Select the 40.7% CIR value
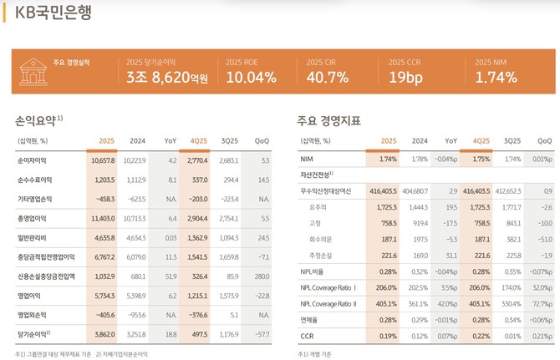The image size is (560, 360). pyautogui.click(x=328, y=78)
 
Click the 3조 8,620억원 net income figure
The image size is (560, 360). pyautogui.click(x=167, y=78)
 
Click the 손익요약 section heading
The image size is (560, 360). pyautogui.click(x=36, y=119)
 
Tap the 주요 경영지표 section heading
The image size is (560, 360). pyautogui.click(x=328, y=120)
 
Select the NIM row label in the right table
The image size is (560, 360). pyautogui.click(x=308, y=159)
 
